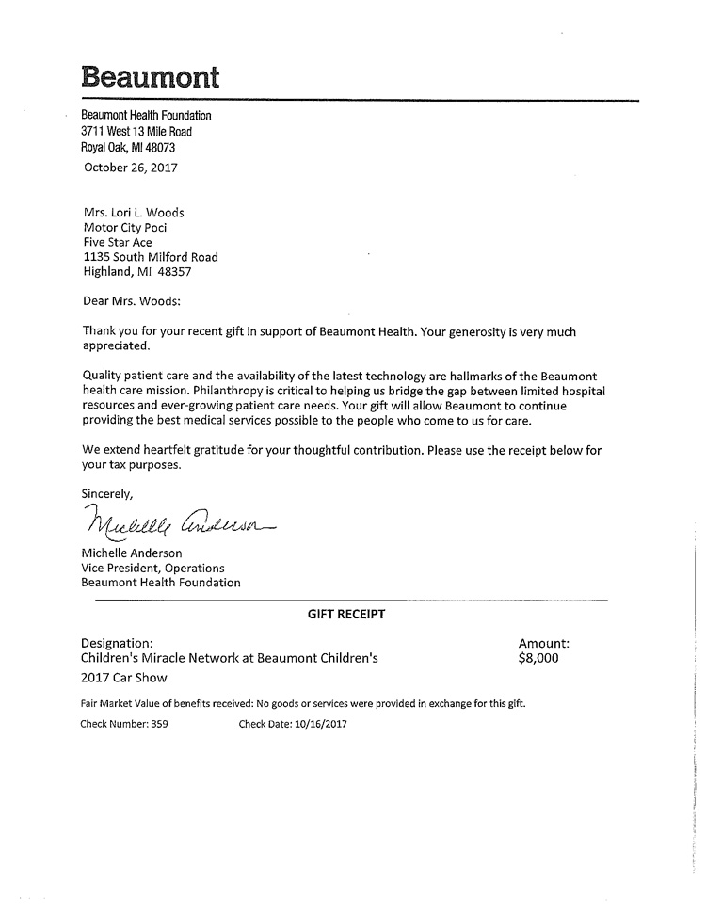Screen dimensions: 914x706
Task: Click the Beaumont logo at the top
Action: click(x=151, y=75)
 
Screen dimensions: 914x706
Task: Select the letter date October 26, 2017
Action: click(x=130, y=168)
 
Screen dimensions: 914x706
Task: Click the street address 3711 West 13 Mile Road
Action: click(x=136, y=132)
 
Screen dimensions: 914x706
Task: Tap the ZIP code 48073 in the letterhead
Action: click(x=159, y=148)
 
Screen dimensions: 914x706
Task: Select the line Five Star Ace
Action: click(x=118, y=242)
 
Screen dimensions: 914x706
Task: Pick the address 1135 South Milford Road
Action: click(x=151, y=257)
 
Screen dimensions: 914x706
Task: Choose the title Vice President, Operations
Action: click(x=153, y=568)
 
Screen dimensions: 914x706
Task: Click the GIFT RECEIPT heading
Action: click(x=346, y=614)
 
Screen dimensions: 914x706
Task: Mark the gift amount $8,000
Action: click(x=538, y=659)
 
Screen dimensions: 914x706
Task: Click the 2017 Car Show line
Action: click(x=124, y=678)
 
